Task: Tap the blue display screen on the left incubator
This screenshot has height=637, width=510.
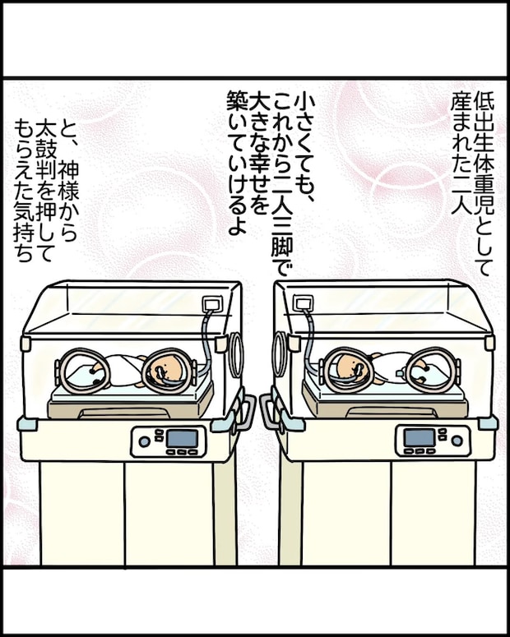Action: click(x=182, y=438)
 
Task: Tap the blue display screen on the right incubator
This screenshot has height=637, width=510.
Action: click(x=418, y=438)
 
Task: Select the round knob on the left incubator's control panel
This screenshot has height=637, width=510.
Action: click(x=145, y=441)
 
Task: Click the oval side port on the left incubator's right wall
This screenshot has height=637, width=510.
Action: click(x=237, y=354)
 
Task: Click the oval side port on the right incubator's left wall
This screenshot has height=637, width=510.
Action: click(x=280, y=354)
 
